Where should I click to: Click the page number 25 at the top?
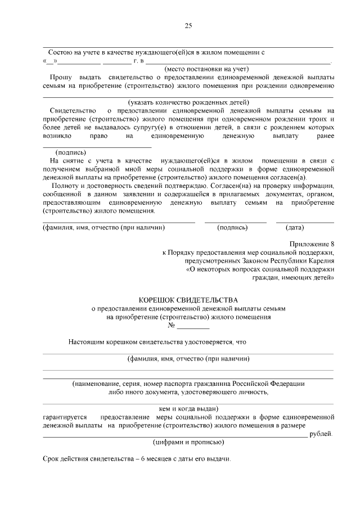point(188,26)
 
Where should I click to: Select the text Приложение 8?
point(312,244)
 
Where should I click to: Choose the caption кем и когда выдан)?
point(188,408)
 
